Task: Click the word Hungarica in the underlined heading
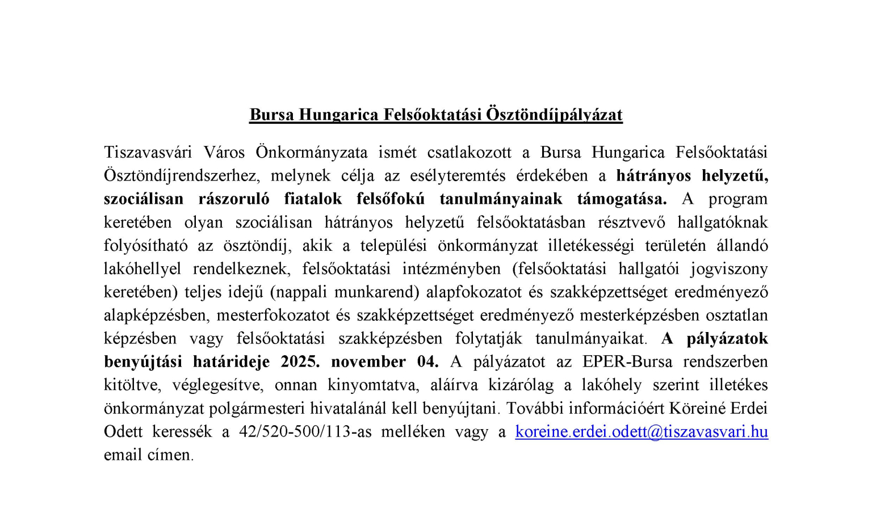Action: pyautogui.click(x=338, y=115)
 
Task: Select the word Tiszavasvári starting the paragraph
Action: pyautogui.click(x=148, y=153)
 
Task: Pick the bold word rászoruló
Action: pyautogui.click(x=234, y=199)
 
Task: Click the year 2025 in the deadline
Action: pyautogui.click(x=299, y=362)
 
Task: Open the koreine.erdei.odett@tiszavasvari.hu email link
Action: pyautogui.click(x=642, y=432)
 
